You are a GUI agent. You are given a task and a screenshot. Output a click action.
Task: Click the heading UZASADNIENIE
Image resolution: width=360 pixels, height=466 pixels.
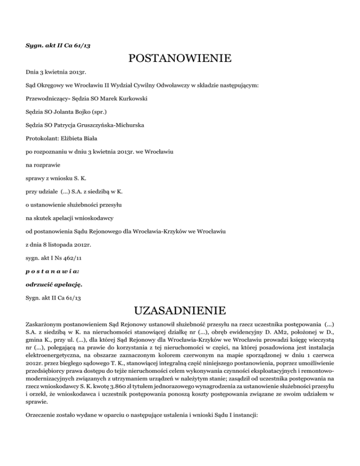(180, 310)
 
